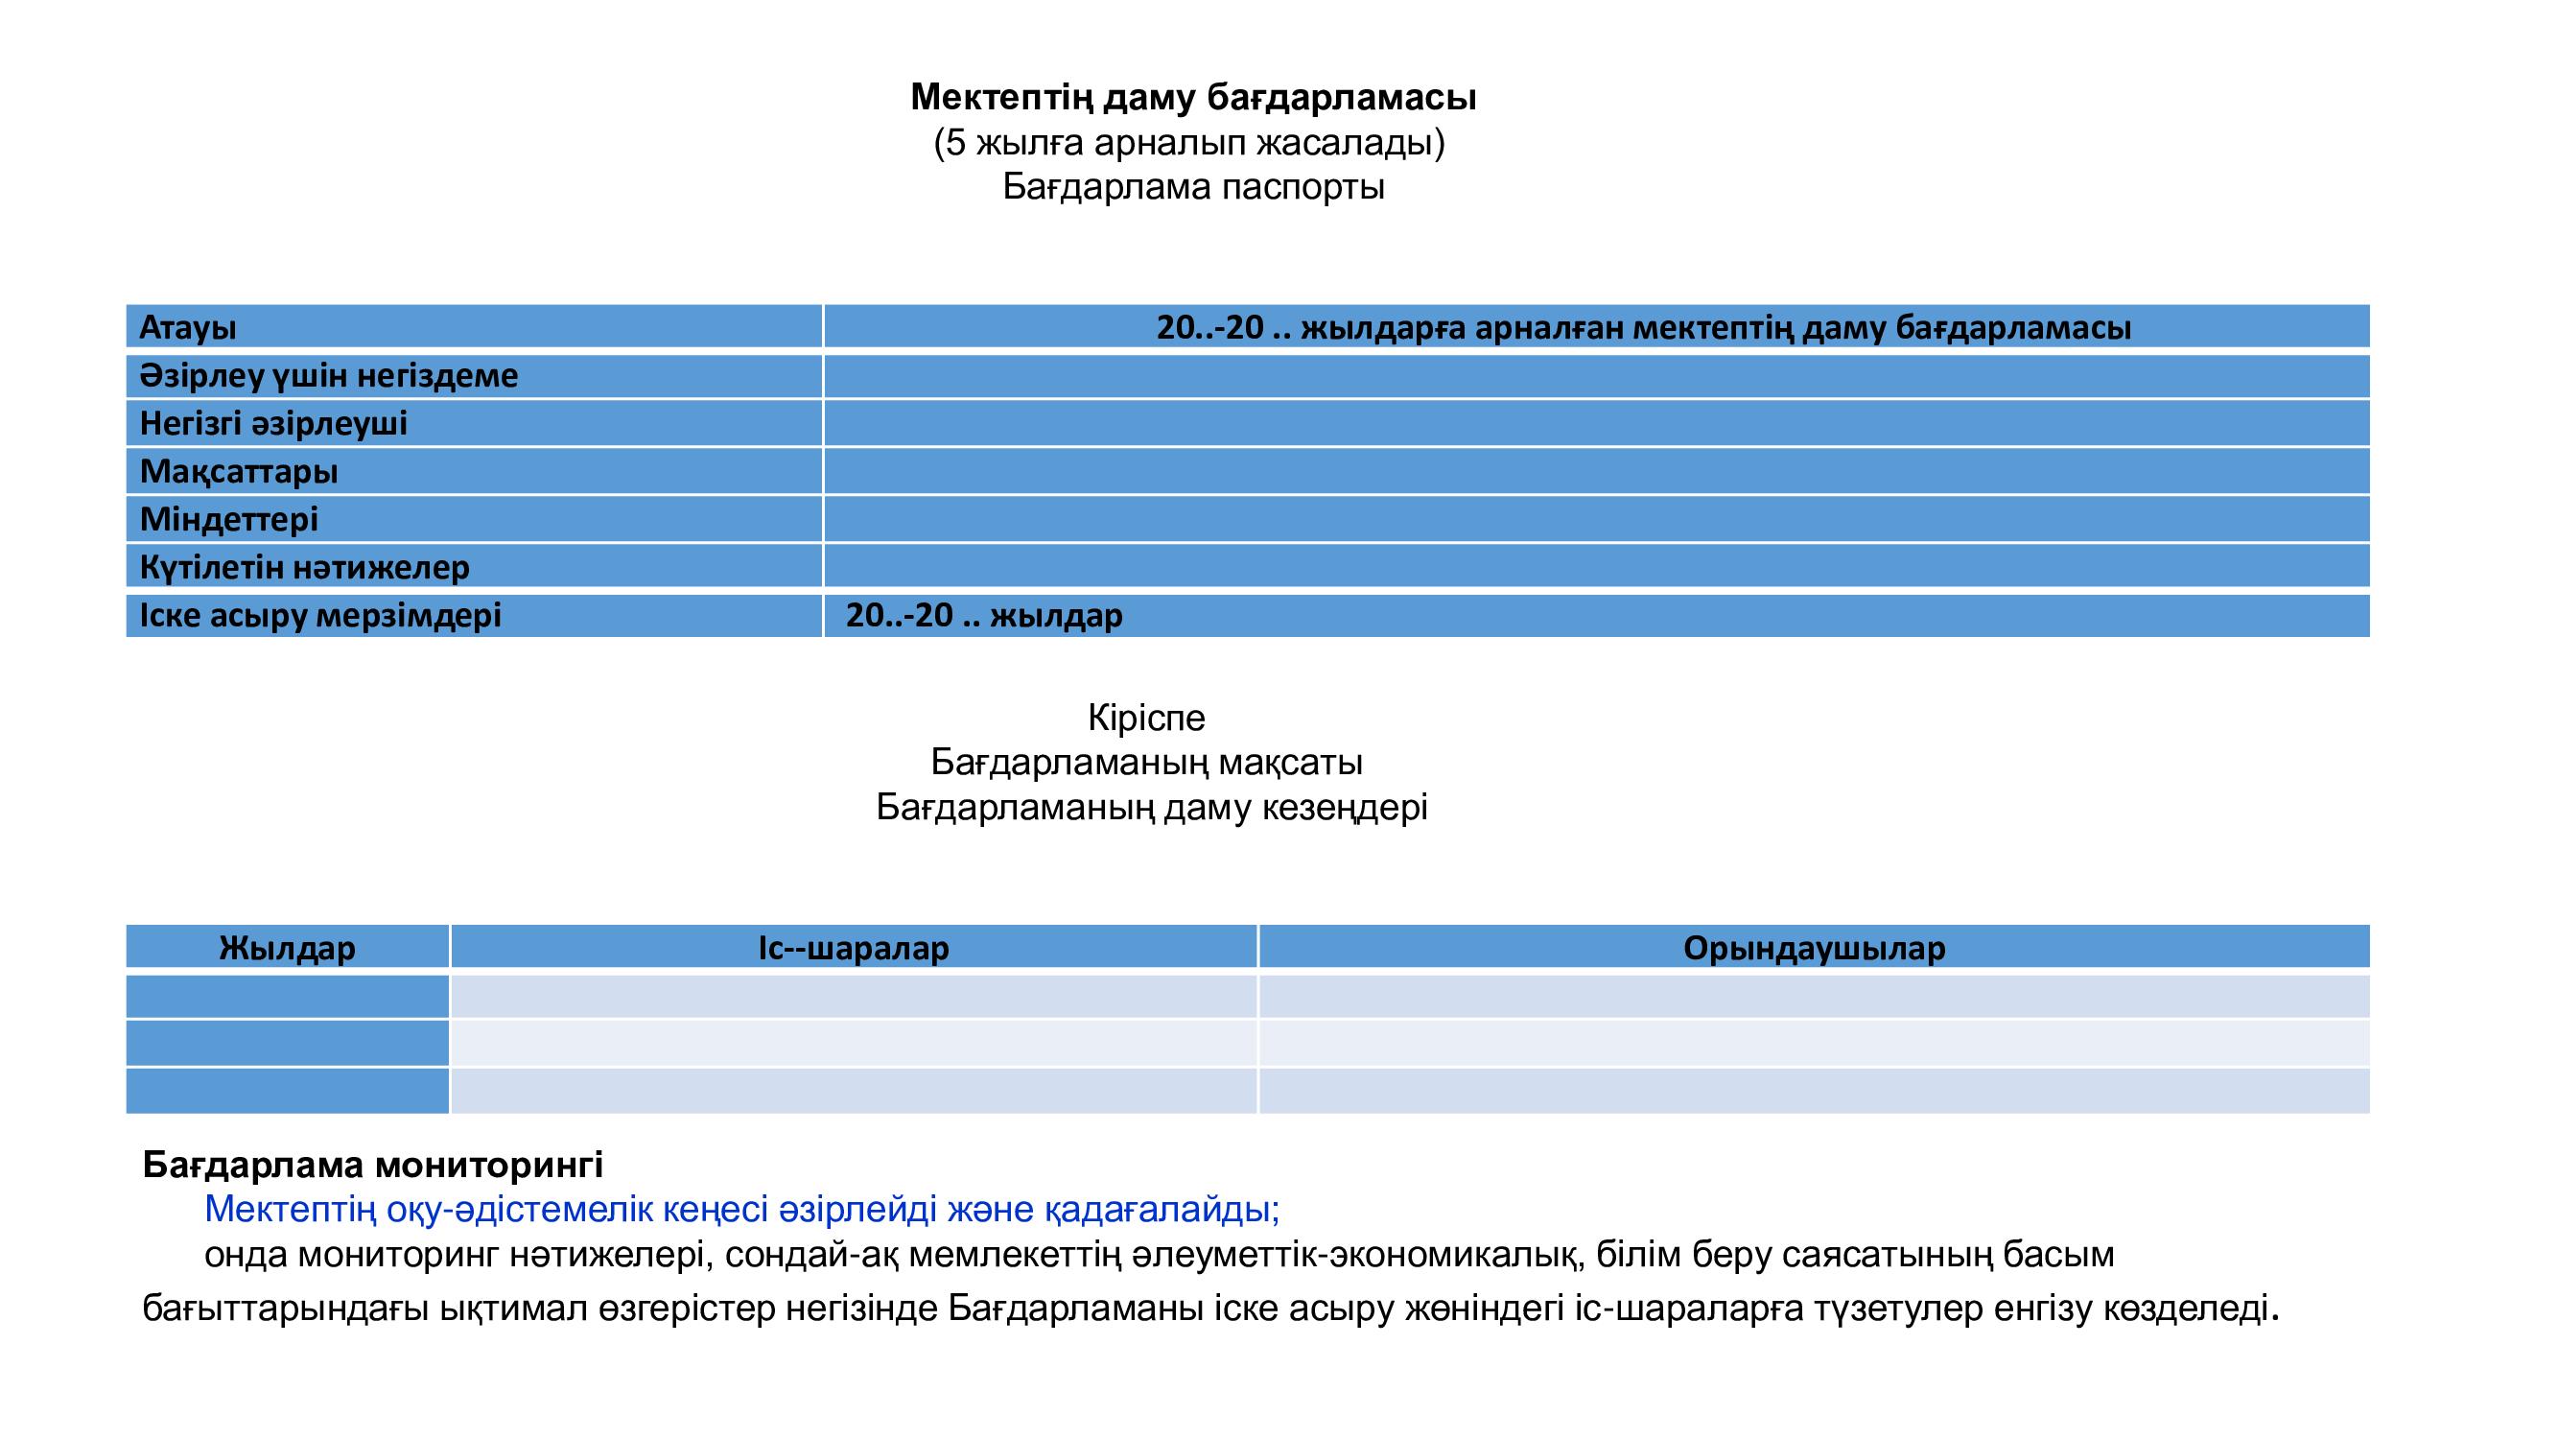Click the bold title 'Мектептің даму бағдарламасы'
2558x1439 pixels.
(x=1192, y=97)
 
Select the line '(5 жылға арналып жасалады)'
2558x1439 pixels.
(x=1188, y=143)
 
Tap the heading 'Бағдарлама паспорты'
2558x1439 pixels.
(x=1192, y=187)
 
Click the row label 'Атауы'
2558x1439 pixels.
(x=188, y=328)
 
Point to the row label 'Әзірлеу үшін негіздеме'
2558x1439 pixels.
(x=329, y=375)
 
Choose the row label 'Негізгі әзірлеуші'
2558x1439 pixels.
(x=273, y=424)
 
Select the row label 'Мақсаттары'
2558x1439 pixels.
(x=238, y=472)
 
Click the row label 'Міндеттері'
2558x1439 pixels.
(x=228, y=519)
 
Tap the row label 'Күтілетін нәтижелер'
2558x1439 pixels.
(x=304, y=568)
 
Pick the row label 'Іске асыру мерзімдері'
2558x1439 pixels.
(x=319, y=616)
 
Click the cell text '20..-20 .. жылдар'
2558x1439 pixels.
(x=983, y=616)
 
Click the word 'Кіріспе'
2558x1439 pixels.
(x=1146, y=717)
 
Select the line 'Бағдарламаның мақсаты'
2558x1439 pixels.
(x=1146, y=763)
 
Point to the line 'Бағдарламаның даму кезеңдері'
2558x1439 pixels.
(x=1151, y=808)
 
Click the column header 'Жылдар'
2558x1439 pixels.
(x=287, y=949)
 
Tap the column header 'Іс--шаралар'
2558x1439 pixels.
(x=853, y=949)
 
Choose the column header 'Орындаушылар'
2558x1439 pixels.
(x=1814, y=949)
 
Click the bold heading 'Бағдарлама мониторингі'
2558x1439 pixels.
(x=372, y=1164)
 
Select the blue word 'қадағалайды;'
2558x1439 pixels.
(x=1161, y=1210)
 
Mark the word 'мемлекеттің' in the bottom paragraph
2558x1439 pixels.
(x=1014, y=1255)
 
